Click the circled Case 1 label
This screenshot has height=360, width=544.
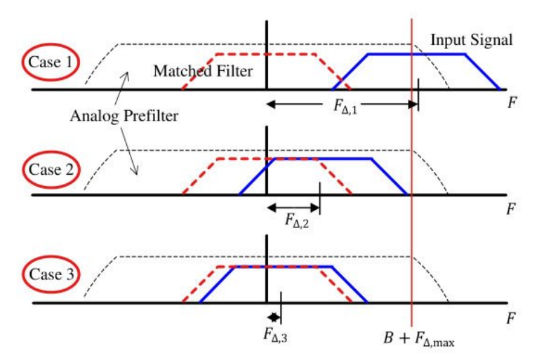click(53, 62)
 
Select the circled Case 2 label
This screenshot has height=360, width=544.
click(53, 169)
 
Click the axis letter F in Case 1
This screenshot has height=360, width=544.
click(515, 103)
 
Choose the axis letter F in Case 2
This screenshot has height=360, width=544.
click(515, 209)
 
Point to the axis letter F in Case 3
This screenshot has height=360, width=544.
click(515, 317)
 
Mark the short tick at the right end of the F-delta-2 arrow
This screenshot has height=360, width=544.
click(320, 194)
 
